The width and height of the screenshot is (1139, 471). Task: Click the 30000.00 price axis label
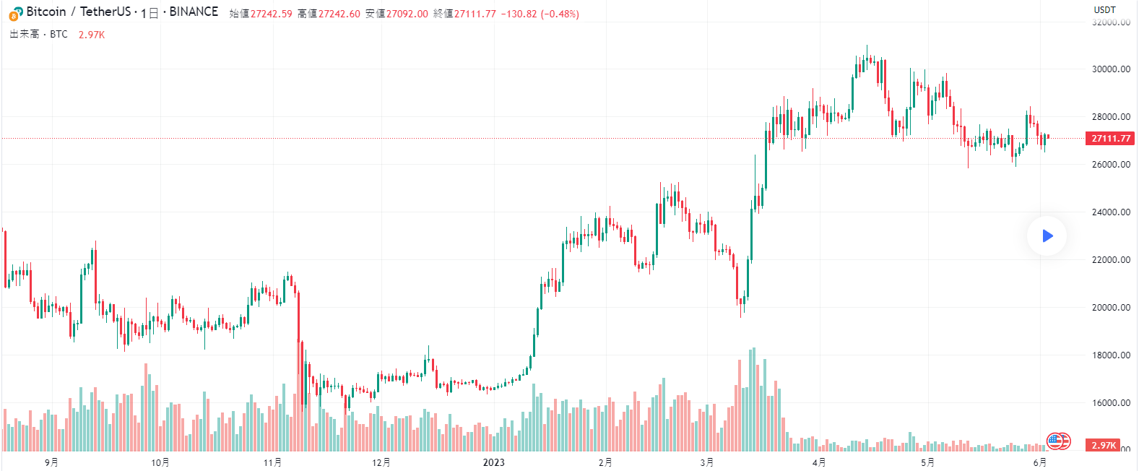click(x=1111, y=69)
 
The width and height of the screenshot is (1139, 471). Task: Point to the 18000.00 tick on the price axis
click(x=1111, y=355)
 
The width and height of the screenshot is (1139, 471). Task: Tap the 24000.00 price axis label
click(x=1111, y=212)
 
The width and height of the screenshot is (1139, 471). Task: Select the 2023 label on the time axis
click(x=493, y=462)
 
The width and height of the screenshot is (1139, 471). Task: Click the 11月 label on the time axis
click(x=272, y=462)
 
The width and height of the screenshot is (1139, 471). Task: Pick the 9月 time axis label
click(x=51, y=462)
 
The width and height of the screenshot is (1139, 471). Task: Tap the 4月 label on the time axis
click(x=818, y=462)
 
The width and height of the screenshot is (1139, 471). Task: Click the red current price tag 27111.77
click(x=1111, y=138)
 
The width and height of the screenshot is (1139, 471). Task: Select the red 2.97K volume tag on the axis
click(x=1104, y=446)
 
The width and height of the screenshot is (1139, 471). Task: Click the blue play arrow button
click(x=1047, y=236)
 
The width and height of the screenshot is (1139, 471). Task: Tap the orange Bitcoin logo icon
click(x=16, y=13)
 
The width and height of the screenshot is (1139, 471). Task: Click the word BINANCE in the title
click(x=194, y=12)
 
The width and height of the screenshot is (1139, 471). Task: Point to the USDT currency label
click(x=1104, y=9)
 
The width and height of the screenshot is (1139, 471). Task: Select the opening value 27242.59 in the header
click(x=271, y=14)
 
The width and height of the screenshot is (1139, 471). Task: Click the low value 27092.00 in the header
click(x=407, y=14)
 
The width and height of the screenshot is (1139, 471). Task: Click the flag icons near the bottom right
click(x=1059, y=440)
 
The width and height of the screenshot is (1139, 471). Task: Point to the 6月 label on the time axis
click(x=1039, y=462)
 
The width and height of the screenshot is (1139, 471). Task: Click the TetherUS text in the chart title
click(x=105, y=12)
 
